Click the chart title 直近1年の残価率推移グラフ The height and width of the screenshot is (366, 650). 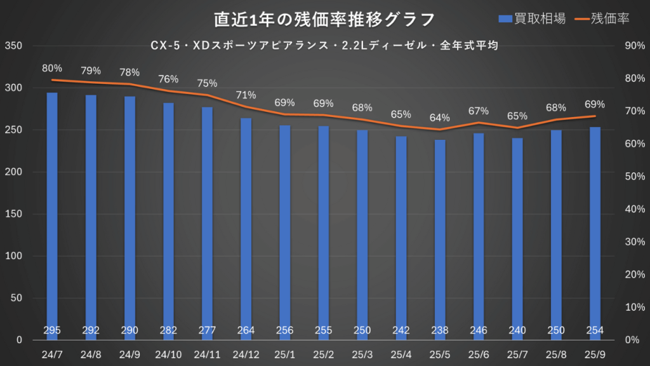(324, 20)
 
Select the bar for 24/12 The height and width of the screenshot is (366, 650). (246, 229)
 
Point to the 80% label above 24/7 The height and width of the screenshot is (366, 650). (52, 68)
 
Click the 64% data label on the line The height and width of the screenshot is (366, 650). (440, 118)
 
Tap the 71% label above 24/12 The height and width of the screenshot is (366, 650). (246, 95)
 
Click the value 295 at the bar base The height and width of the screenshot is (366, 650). (52, 330)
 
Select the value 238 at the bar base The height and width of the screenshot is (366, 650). (440, 330)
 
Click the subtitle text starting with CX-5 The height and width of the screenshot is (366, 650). (324, 46)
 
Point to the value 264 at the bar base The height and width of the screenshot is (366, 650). (246, 330)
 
